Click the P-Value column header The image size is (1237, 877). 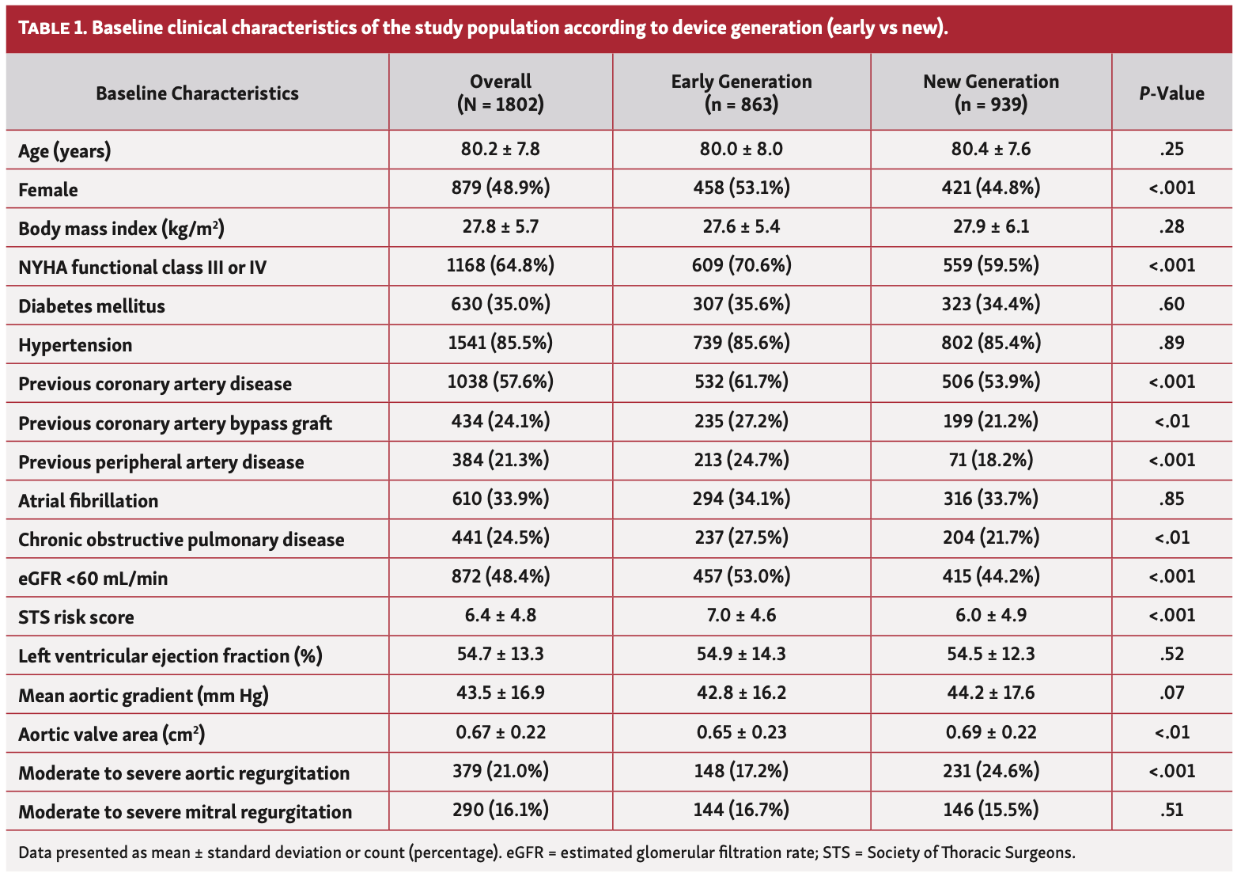(x=1171, y=93)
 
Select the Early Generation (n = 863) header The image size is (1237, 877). (x=741, y=93)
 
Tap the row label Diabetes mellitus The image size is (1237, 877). (x=92, y=306)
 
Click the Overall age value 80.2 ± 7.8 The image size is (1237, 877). (x=500, y=149)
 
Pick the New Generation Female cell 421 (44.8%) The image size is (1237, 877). (x=991, y=188)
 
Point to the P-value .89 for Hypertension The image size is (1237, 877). (x=1171, y=343)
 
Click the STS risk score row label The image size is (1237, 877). (x=76, y=617)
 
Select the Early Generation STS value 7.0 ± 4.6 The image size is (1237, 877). (x=741, y=615)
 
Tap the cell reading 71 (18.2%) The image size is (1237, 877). (x=991, y=460)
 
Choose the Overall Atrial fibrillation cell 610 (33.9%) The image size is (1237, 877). (x=500, y=499)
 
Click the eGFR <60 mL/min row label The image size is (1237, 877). (x=93, y=579)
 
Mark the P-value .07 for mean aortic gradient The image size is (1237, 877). (x=1171, y=693)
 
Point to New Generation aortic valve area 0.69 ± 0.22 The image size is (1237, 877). (x=991, y=732)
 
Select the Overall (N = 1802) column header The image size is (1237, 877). (x=500, y=93)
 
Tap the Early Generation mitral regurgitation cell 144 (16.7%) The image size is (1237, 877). (x=741, y=810)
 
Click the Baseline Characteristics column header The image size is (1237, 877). (x=197, y=93)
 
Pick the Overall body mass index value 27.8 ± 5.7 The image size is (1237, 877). (x=500, y=226)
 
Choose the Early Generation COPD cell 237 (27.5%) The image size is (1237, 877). (x=741, y=537)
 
